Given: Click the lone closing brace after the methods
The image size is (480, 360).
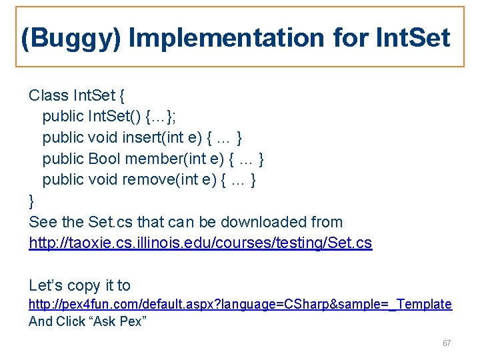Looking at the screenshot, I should coord(31,201).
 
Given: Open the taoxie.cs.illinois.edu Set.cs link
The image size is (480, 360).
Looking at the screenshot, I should coord(200,243).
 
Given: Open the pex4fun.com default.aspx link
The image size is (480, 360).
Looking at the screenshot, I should coord(240,304).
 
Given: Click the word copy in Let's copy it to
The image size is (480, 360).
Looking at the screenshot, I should coord(84,286).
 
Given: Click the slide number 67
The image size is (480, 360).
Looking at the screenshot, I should coord(446,343).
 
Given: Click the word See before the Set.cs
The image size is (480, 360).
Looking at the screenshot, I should coord(43,222).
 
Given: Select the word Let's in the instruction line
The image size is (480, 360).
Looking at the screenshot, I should coord(47,286).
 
